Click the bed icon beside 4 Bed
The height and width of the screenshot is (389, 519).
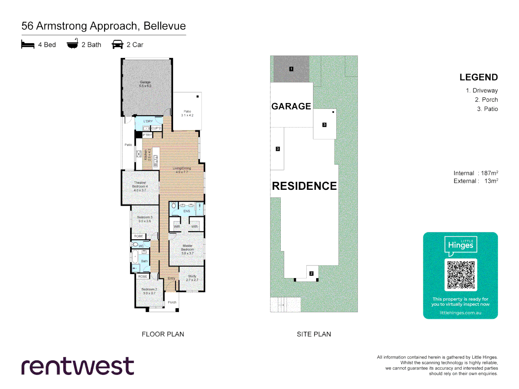pyautogui.click(x=28, y=44)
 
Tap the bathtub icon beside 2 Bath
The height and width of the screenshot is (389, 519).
pyautogui.click(x=72, y=44)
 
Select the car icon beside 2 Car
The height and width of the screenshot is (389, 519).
pyautogui.click(x=117, y=44)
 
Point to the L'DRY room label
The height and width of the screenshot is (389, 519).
pyautogui.click(x=148, y=121)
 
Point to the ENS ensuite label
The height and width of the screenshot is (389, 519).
pyautogui.click(x=187, y=211)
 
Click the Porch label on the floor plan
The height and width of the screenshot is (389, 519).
pyautogui.click(x=172, y=302)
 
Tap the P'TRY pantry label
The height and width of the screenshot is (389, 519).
pyautogui.click(x=147, y=135)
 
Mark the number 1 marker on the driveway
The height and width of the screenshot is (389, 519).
pyautogui.click(x=291, y=69)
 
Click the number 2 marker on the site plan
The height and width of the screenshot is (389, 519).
pyautogui.click(x=311, y=273)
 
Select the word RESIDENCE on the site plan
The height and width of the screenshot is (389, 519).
pyautogui.click(x=304, y=186)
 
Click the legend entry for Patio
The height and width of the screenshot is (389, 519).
pyautogui.click(x=487, y=109)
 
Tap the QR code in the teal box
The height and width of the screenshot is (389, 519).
pyautogui.click(x=461, y=275)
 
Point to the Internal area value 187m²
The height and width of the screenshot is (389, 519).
pyautogui.click(x=489, y=173)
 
